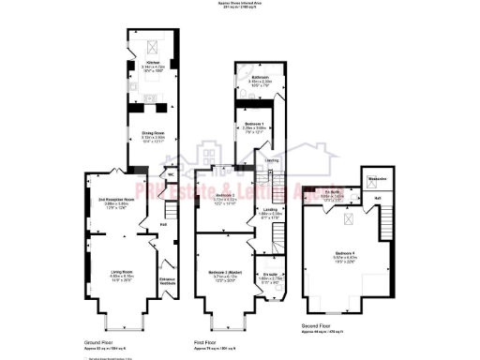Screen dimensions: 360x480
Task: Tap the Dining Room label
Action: point(145,132)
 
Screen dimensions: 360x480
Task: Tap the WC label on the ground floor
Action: point(172,174)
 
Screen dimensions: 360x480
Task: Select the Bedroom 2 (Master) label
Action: point(223,271)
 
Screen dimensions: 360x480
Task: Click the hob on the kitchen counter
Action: point(131,80)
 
